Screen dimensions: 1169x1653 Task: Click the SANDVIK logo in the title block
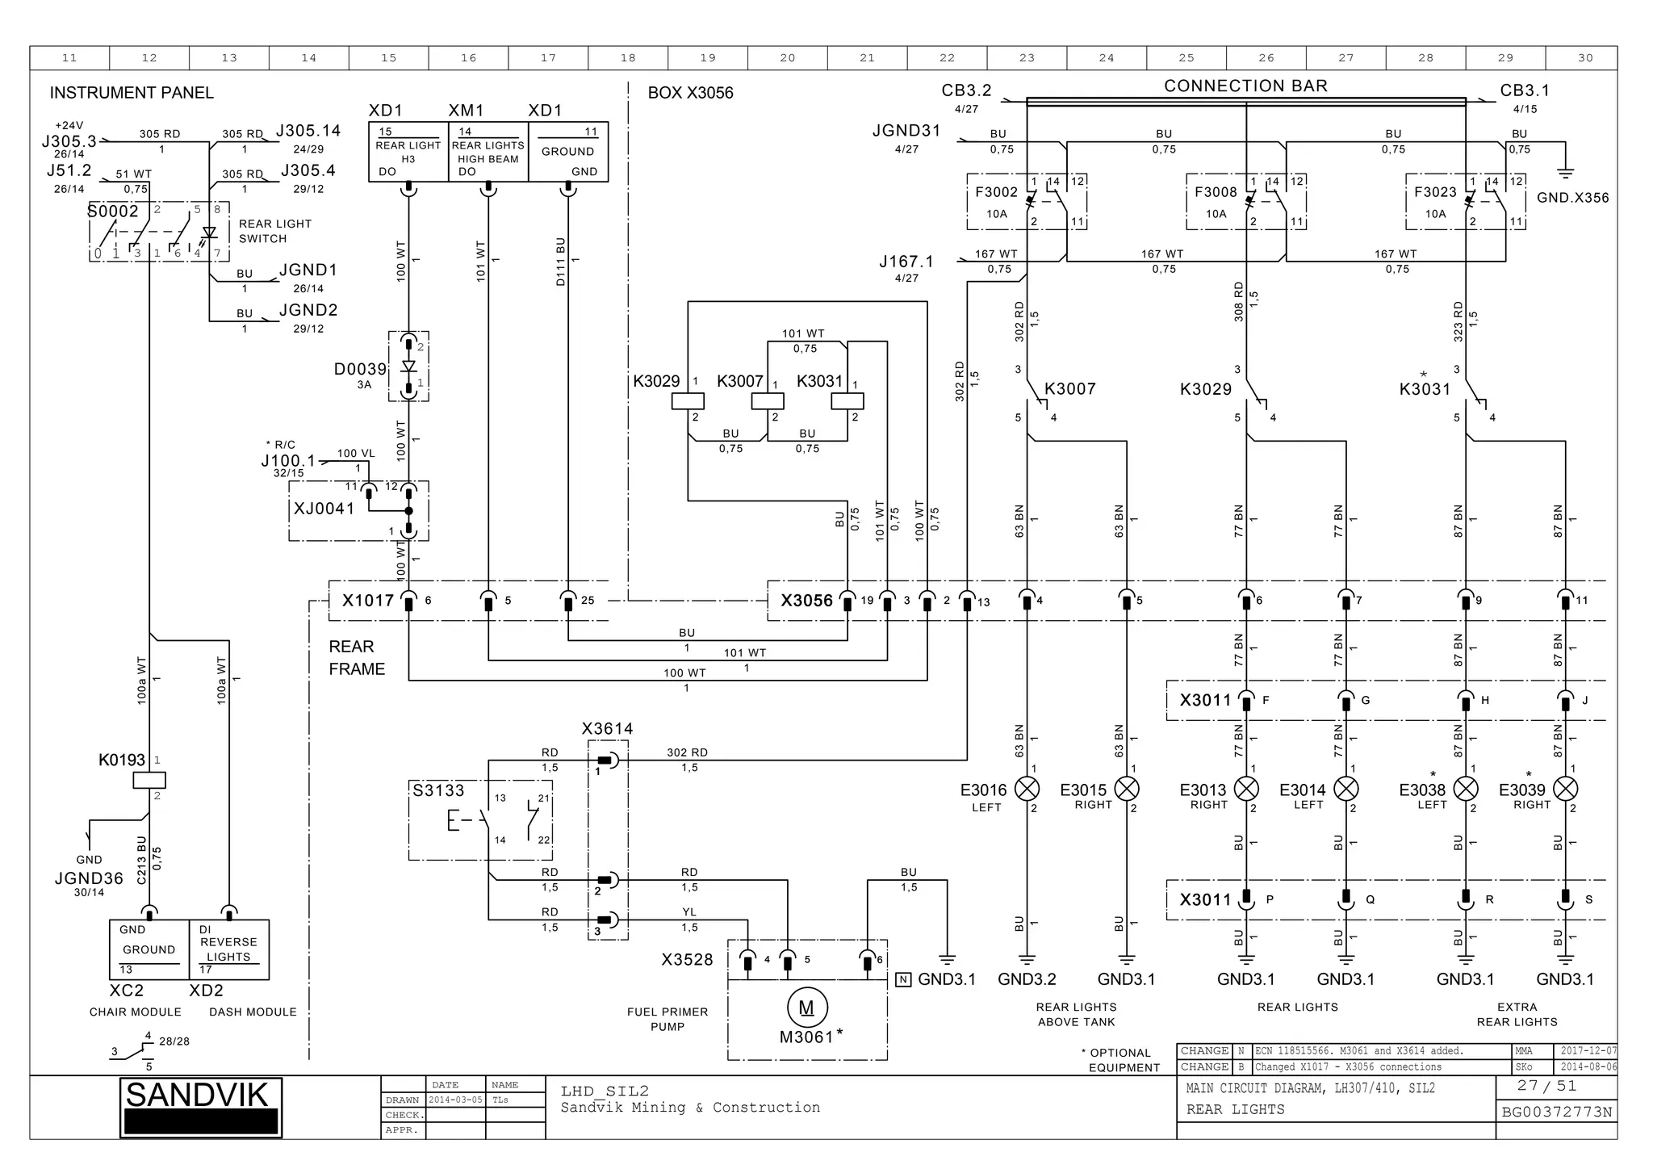(200, 1107)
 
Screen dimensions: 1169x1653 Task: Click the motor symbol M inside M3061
(806, 1007)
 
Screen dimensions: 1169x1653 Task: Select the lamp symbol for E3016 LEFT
(1027, 789)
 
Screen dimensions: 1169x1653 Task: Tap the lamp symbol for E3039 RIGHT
(1565, 789)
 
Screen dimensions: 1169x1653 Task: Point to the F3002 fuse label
(996, 192)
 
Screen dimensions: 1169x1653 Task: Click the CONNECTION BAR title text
(1245, 86)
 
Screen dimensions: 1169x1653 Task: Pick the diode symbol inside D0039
(408, 366)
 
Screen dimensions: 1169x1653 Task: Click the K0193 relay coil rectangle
(149, 780)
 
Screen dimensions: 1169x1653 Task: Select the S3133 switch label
(438, 790)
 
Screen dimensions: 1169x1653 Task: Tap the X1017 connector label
(368, 601)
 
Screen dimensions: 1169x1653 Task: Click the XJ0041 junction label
(324, 509)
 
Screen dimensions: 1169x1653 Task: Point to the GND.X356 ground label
(1572, 198)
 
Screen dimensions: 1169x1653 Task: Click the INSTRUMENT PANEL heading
(132, 93)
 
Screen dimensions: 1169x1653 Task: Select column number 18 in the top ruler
(628, 58)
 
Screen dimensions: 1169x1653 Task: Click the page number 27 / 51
(1546, 1086)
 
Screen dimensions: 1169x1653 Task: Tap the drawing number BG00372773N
(1556, 1112)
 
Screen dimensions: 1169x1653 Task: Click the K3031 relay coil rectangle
(847, 401)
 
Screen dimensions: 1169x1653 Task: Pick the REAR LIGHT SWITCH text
(274, 231)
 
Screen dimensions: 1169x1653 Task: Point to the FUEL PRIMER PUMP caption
(667, 1019)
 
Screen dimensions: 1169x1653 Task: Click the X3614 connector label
(607, 729)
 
